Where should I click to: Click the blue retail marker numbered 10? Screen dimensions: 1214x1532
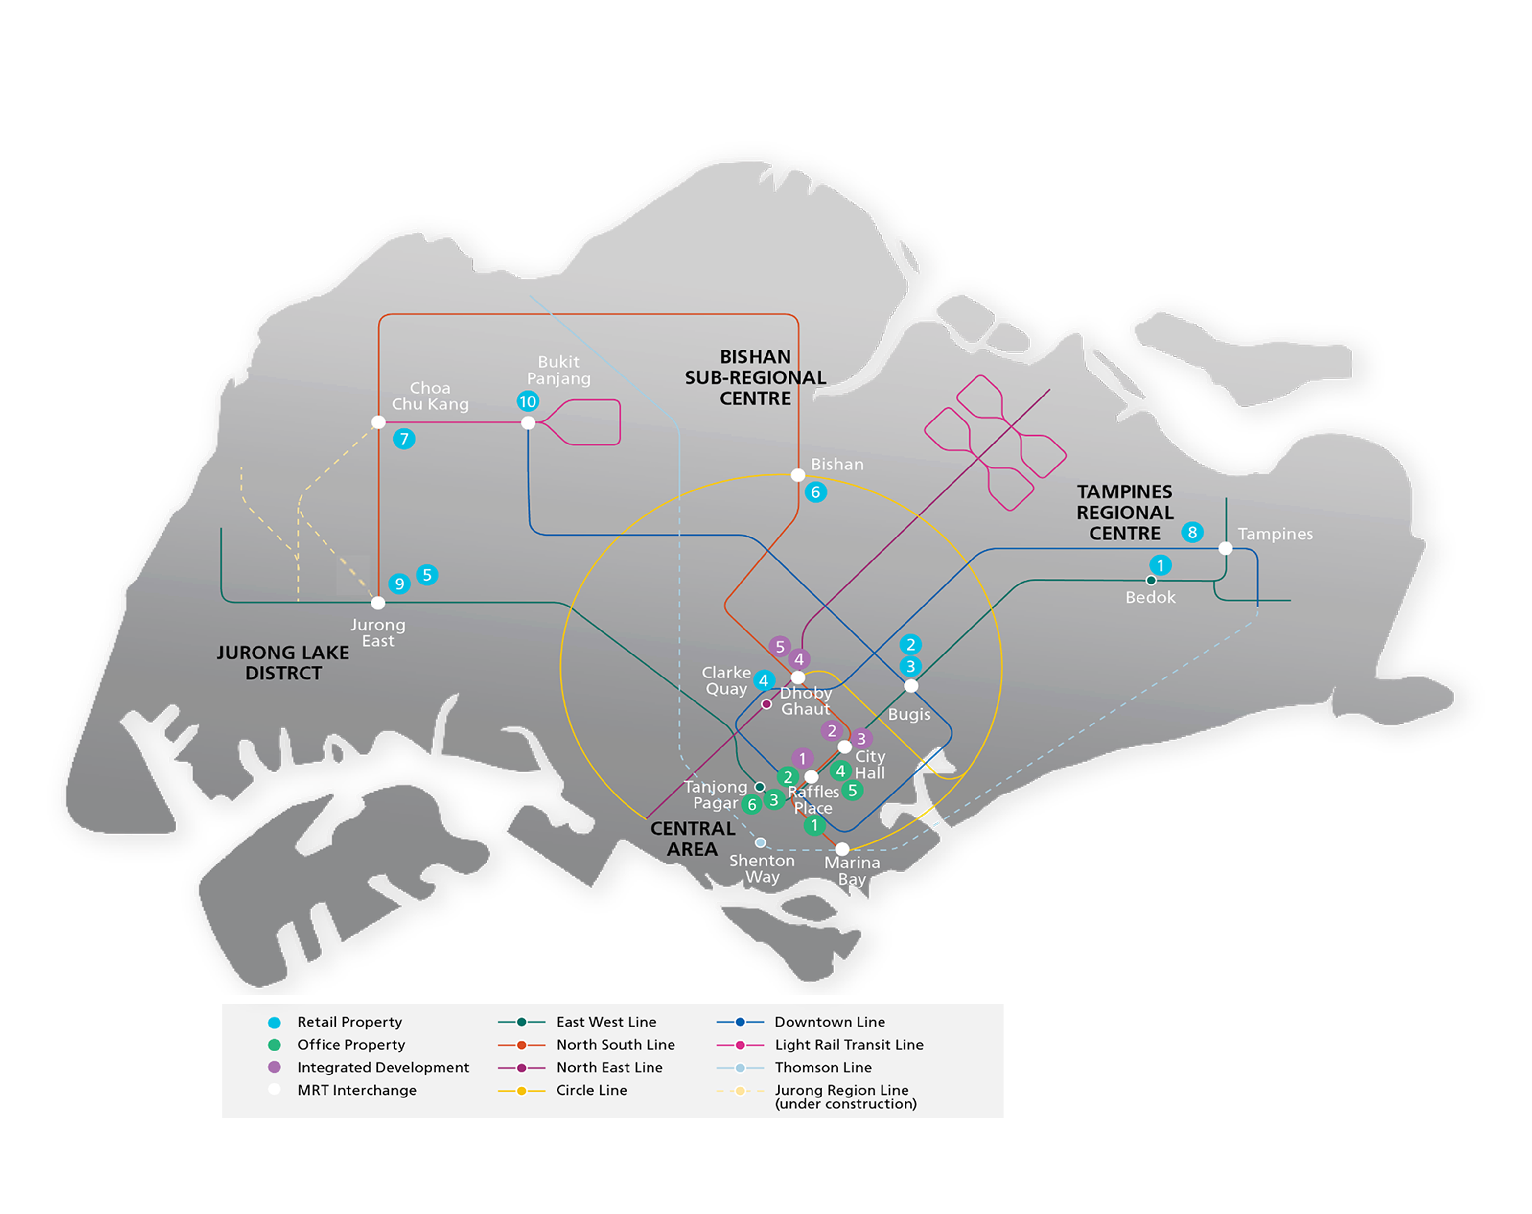click(x=527, y=401)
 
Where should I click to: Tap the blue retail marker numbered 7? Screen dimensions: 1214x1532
click(x=404, y=439)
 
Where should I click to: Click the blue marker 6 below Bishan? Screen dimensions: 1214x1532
click(x=815, y=492)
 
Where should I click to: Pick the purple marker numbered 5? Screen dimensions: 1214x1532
click(x=780, y=646)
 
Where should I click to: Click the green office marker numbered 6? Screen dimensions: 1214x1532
click(x=751, y=805)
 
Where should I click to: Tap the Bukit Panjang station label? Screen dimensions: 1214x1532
click(x=558, y=370)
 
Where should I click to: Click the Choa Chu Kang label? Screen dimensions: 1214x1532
click(x=430, y=396)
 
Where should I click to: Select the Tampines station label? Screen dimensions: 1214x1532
click(x=1275, y=534)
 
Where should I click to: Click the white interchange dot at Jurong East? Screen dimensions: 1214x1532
click(x=378, y=603)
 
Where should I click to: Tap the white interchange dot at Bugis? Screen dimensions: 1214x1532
click(x=911, y=686)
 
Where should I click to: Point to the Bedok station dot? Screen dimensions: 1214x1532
click(x=1150, y=580)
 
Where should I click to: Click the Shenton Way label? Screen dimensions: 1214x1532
click(x=762, y=868)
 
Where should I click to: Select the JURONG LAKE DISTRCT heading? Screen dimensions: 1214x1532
click(x=283, y=662)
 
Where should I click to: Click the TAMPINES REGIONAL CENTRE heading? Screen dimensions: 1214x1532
click(x=1124, y=513)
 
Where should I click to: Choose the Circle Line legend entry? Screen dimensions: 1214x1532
click(x=591, y=1090)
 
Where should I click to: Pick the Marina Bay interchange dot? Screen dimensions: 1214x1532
click(x=842, y=849)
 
